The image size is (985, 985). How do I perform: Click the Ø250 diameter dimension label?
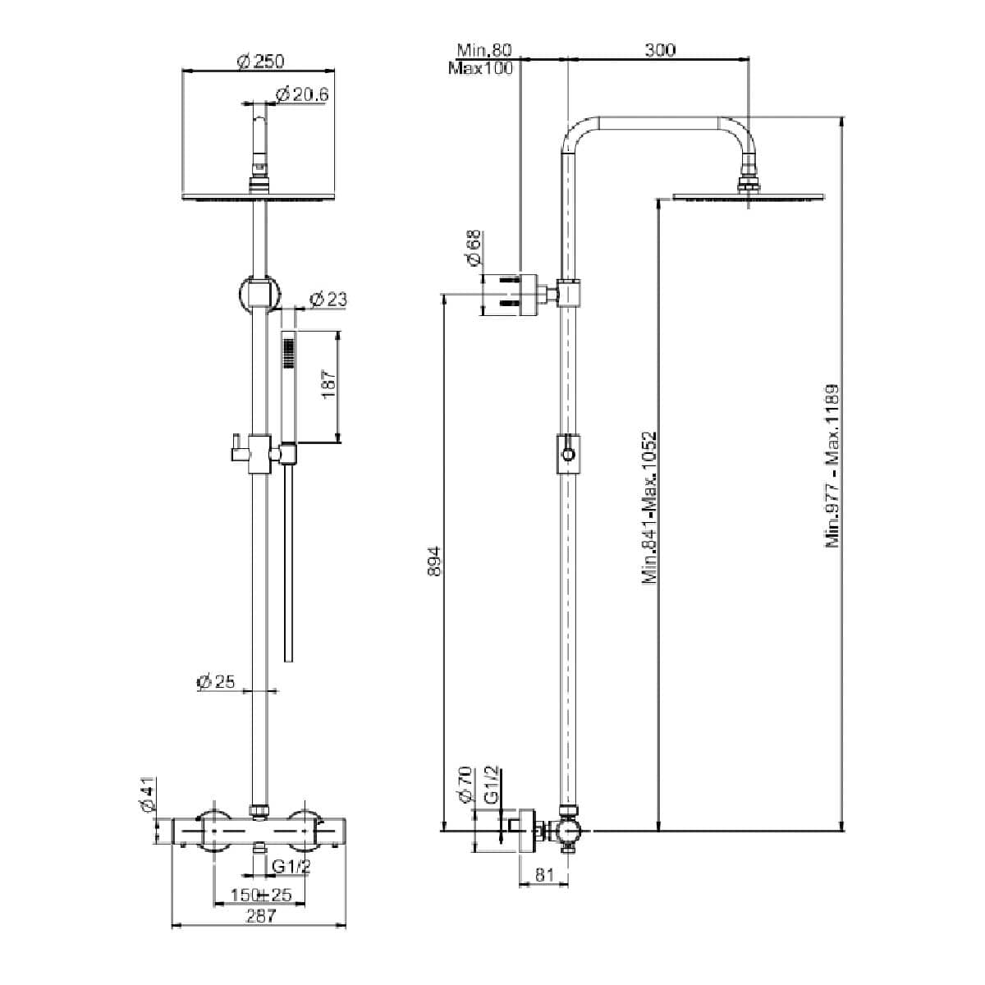pos(259,62)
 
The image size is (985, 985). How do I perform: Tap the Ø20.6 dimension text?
pos(302,95)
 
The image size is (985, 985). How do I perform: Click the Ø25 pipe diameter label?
pos(216,681)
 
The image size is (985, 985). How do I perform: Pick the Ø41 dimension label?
pos(149,795)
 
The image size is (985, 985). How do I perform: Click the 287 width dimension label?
pos(260,917)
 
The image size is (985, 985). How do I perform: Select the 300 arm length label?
pos(659,50)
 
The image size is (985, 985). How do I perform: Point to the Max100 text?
pos(480,68)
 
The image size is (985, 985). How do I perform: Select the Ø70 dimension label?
pos(465,786)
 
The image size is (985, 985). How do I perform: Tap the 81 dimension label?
pos(543,875)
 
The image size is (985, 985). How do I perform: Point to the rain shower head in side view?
pos(747,195)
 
